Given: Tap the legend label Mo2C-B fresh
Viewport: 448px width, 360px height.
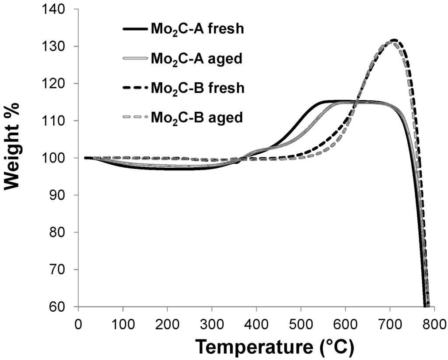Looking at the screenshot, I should [x=197, y=88].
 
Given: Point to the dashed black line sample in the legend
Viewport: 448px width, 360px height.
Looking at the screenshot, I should [x=135, y=88].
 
